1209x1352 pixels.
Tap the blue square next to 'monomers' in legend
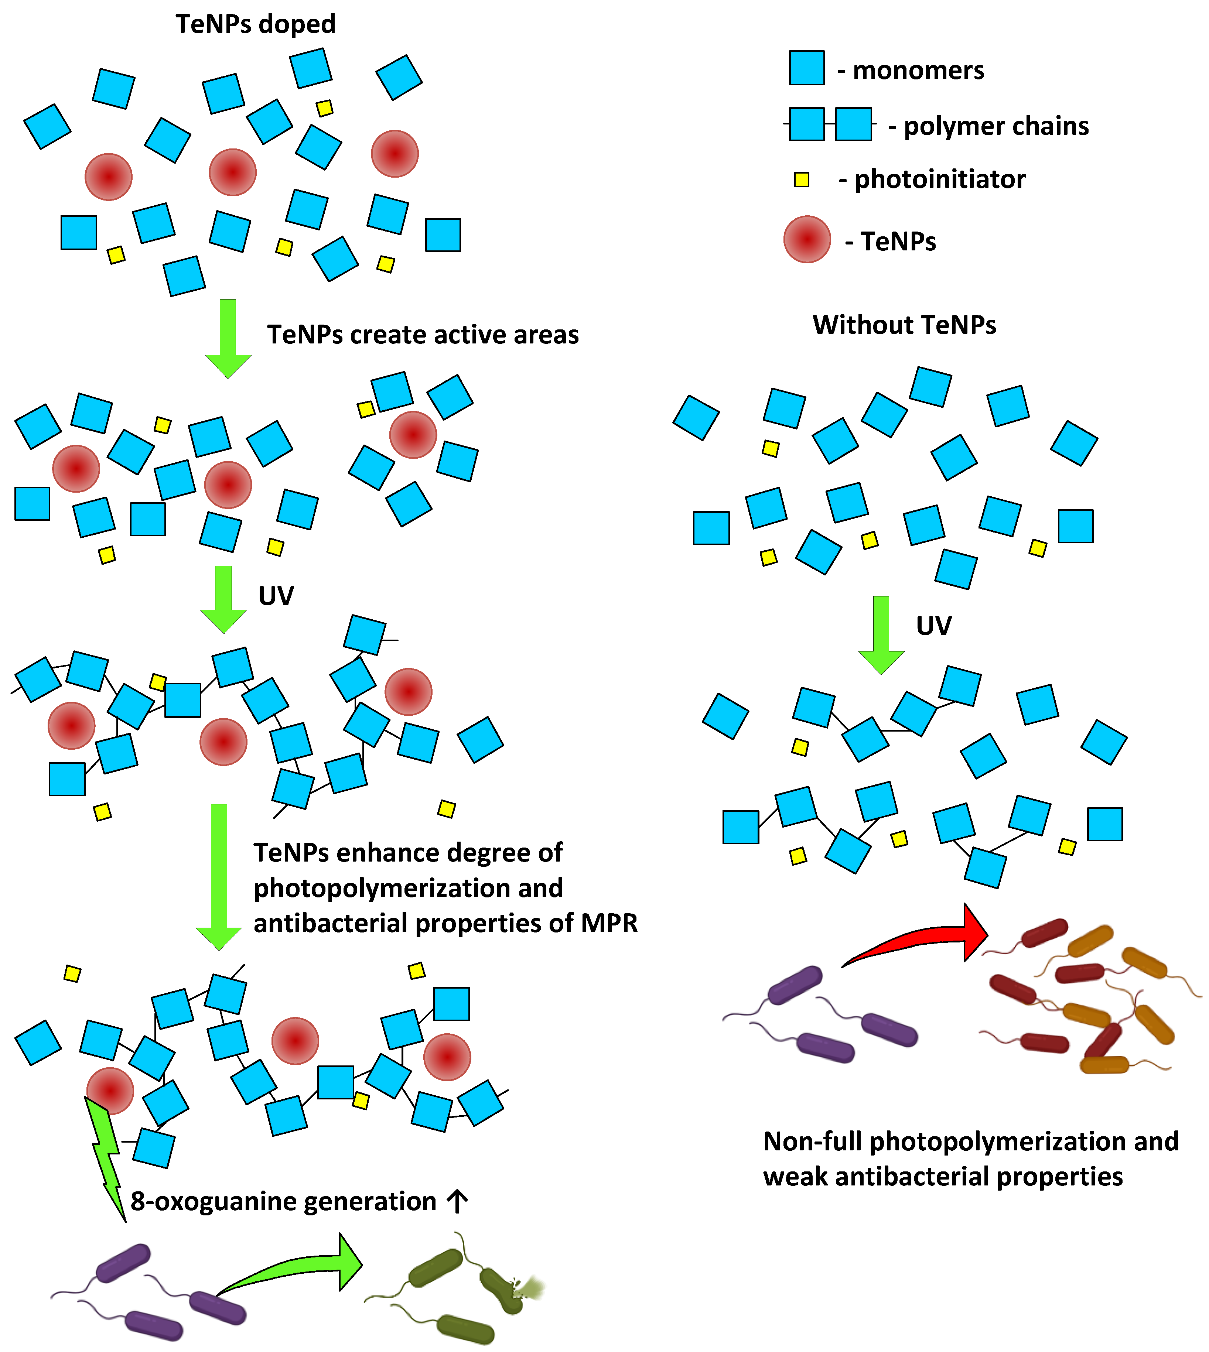click(x=806, y=68)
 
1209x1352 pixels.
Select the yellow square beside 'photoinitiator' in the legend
click(x=802, y=179)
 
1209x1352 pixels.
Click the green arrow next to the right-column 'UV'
click(x=881, y=634)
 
